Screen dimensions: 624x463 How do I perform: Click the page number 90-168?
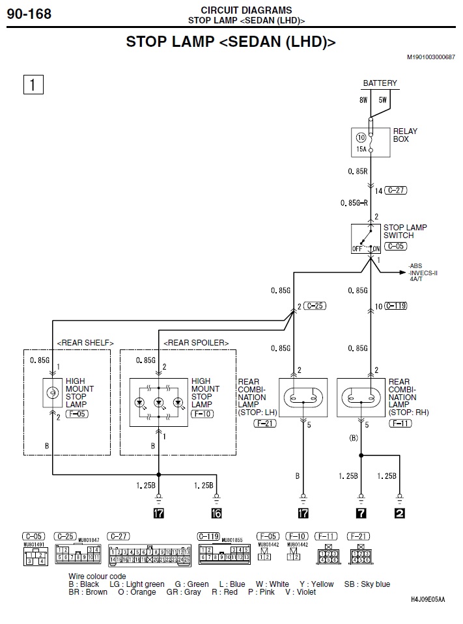click(29, 13)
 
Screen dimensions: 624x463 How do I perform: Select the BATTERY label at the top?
click(380, 83)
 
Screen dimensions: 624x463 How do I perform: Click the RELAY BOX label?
click(405, 135)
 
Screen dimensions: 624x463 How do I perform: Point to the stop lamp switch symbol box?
click(367, 239)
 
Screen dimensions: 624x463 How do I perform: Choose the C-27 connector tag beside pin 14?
click(395, 191)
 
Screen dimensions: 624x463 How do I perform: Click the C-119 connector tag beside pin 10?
click(397, 305)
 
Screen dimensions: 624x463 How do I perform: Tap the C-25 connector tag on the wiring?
click(316, 305)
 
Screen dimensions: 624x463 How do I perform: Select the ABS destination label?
click(415, 266)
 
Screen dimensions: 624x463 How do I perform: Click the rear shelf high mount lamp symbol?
click(52, 392)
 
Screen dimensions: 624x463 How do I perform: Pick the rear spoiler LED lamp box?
click(158, 402)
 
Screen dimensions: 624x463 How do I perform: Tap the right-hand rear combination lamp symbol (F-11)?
click(361, 397)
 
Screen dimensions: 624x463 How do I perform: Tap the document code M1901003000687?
click(430, 57)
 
